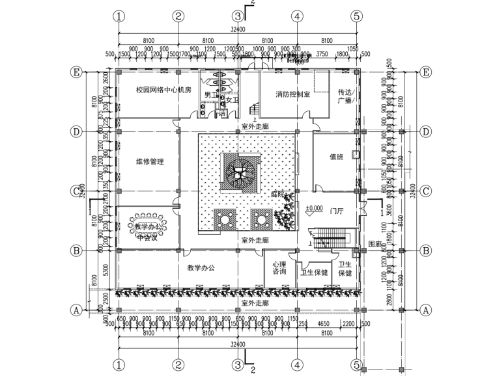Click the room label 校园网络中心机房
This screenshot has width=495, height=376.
tap(163, 90)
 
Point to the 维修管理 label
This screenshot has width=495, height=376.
tap(149, 161)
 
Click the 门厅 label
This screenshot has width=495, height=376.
tap(337, 211)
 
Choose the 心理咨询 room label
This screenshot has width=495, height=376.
tap(279, 268)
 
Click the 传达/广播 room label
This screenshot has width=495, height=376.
tap(345, 96)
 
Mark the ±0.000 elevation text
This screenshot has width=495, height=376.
tap(314, 209)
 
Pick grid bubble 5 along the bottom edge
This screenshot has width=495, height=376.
tap(356, 365)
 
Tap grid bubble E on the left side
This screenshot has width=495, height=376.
tap(79, 72)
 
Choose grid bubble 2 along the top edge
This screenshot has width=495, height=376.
tap(178, 16)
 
